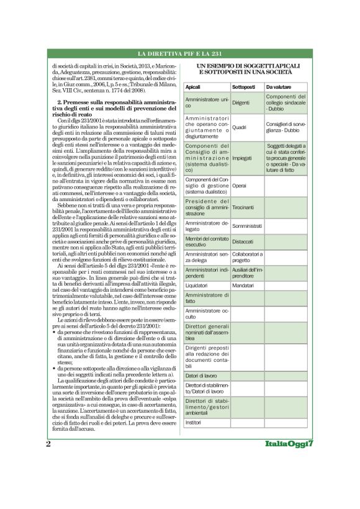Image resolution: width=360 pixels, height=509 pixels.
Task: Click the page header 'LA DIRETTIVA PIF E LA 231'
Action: pyautogui.click(x=179, y=55)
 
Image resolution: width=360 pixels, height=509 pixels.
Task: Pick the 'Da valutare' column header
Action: pyautogui.click(x=278, y=86)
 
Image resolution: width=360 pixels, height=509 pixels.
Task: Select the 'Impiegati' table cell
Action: pyautogui.click(x=242, y=158)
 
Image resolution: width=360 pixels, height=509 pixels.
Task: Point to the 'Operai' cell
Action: pyautogui.click(x=239, y=186)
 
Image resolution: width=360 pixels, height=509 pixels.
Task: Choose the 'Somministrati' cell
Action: pyautogui.click(x=246, y=227)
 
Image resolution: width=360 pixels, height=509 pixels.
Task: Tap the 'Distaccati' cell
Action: pyautogui.click(x=243, y=241)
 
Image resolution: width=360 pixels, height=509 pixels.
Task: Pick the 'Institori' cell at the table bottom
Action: pyautogui.click(x=194, y=423)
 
